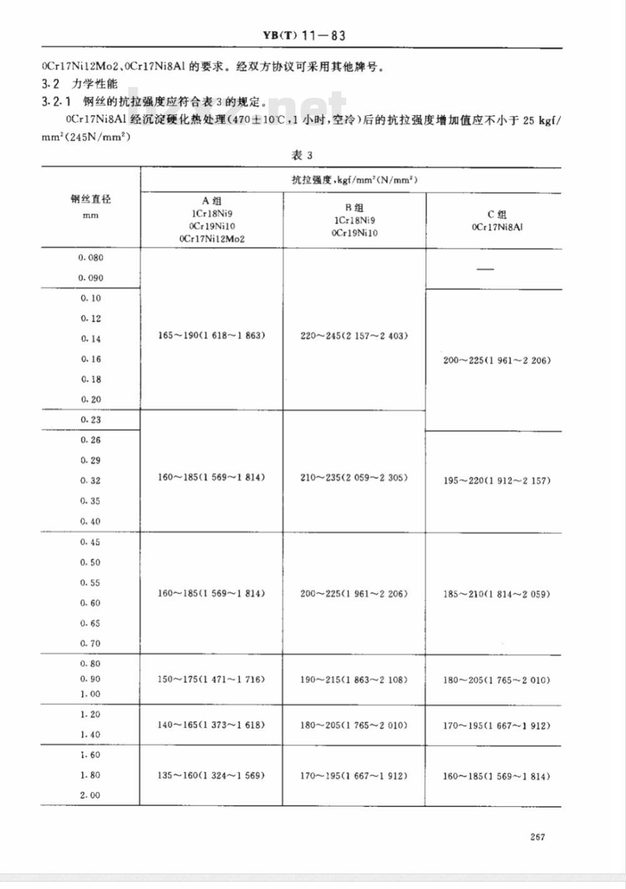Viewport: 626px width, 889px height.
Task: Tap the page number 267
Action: tap(536, 836)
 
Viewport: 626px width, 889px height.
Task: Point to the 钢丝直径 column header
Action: tap(90, 200)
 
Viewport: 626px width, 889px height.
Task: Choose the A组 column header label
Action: tap(212, 201)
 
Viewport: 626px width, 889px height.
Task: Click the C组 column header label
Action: tap(497, 214)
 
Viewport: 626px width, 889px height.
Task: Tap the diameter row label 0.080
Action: tap(91, 258)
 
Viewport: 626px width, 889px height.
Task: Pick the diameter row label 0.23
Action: tap(91, 419)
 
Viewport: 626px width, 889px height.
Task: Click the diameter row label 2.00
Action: tap(90, 795)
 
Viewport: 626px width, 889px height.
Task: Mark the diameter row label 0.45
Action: tap(90, 542)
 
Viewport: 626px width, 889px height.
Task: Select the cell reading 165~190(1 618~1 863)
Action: tap(212, 336)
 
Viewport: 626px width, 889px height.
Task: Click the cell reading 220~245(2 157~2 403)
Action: tap(354, 336)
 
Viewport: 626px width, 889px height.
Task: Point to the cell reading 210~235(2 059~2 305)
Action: tap(354, 477)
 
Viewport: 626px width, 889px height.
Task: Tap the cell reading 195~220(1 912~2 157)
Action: tap(496, 481)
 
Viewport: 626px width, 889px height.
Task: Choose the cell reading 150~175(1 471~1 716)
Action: tap(212, 679)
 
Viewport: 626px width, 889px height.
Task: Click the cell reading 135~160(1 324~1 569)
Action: tap(212, 775)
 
